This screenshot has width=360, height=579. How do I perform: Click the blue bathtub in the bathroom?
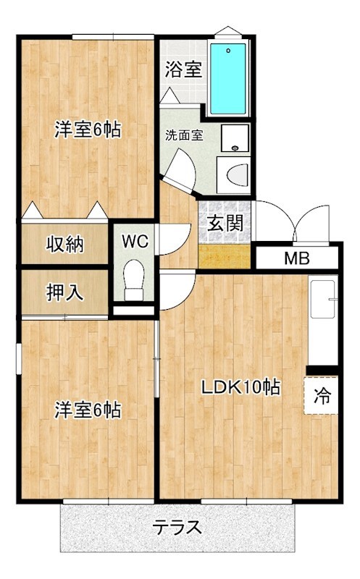coord(228,79)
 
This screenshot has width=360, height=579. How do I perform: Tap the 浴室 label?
coord(183,69)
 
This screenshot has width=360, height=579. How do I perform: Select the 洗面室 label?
coord(184,135)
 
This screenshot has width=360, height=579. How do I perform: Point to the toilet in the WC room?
coord(134,280)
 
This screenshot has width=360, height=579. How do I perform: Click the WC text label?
coord(135,241)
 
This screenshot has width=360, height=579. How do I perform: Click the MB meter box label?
coord(297,258)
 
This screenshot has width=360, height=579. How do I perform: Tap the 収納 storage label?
coord(65,244)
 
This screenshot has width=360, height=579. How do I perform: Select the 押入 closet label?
coord(65,293)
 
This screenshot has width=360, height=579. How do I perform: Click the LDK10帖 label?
coord(240,387)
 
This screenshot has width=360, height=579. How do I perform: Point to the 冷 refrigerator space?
coord(321,395)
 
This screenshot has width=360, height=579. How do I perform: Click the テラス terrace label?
coord(178,527)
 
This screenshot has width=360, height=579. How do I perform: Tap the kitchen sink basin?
coord(322,299)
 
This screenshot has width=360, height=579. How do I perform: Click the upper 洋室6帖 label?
coord(88,130)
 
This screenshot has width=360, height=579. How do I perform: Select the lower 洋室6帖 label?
coord(88,410)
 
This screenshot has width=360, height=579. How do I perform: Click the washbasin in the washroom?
coord(234,175)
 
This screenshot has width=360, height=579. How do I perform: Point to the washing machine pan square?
coord(235,138)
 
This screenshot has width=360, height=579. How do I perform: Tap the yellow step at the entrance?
coord(225,256)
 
